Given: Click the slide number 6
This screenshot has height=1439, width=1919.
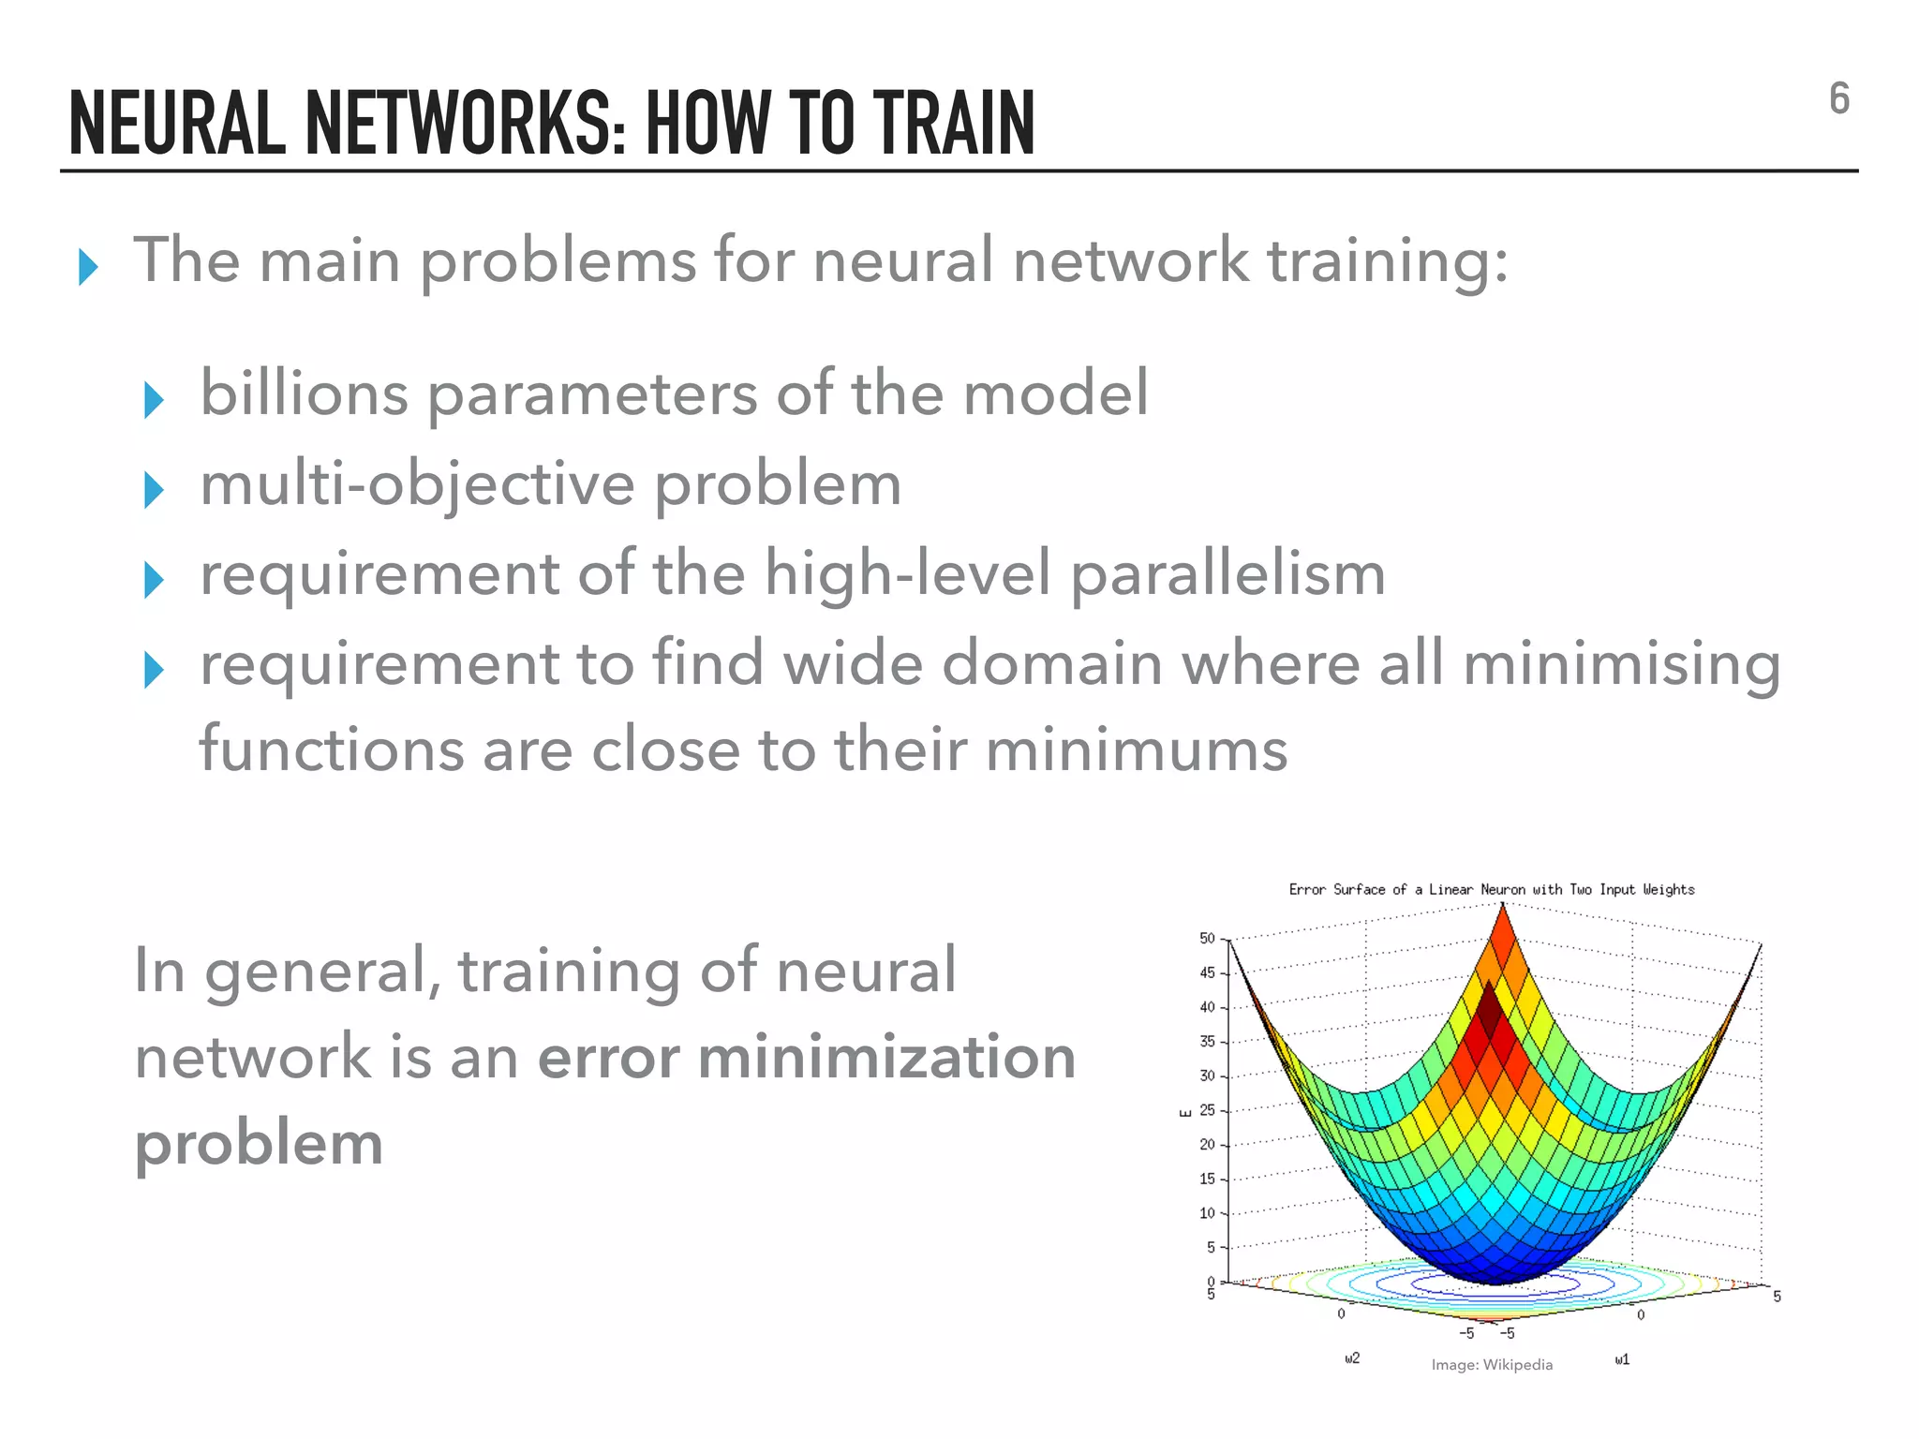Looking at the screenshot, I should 1838,99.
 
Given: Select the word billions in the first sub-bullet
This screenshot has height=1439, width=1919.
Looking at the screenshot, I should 304,393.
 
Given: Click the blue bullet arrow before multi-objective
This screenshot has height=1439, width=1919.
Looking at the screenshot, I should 154,490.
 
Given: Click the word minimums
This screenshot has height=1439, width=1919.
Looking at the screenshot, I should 1136,750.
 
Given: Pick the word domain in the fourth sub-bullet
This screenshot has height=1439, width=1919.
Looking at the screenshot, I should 1051,663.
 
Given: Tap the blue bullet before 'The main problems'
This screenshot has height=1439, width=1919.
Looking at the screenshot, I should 88,268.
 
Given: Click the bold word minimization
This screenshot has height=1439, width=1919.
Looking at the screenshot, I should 886,1057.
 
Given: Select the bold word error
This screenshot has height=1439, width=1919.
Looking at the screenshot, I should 608,1057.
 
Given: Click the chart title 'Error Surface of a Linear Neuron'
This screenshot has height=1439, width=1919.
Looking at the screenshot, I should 1491,889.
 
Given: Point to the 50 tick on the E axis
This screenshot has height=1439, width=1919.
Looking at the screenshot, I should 1207,938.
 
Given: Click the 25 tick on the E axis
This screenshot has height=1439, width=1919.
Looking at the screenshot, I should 1207,1110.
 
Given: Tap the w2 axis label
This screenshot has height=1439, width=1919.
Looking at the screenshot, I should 1352,1357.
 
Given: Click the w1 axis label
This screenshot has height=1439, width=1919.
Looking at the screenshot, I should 1622,1358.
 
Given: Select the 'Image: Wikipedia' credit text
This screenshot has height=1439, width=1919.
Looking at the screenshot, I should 1492,1365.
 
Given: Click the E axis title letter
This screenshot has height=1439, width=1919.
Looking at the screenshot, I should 1185,1112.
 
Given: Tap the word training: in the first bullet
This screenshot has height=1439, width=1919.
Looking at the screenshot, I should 1388,261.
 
